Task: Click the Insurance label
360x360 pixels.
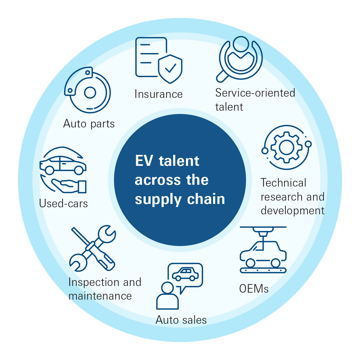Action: coord(159,94)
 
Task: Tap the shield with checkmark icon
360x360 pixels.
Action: coord(170,69)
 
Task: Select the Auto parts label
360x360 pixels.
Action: coord(89,124)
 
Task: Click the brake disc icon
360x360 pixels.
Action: coord(88,91)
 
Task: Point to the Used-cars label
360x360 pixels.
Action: coord(63,203)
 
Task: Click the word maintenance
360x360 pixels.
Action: coord(100,296)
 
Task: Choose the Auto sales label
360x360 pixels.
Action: coord(181,320)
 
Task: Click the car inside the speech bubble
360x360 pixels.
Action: coord(185,274)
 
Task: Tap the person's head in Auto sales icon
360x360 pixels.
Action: coord(167,288)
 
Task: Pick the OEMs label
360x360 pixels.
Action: coord(254,289)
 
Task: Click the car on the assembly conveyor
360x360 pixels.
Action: coord(263,254)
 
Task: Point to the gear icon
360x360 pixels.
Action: coord(286,147)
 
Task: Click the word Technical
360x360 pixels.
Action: coord(283,183)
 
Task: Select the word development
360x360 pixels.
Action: coord(293,211)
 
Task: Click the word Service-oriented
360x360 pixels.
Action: coord(255,93)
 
